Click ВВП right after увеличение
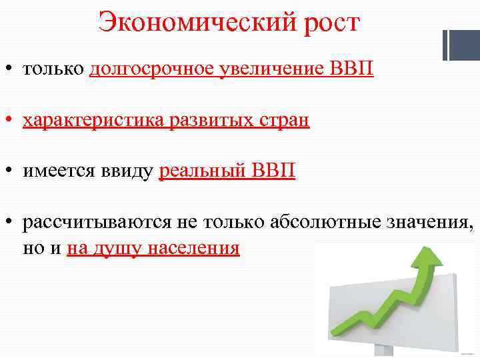coord(351,69)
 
